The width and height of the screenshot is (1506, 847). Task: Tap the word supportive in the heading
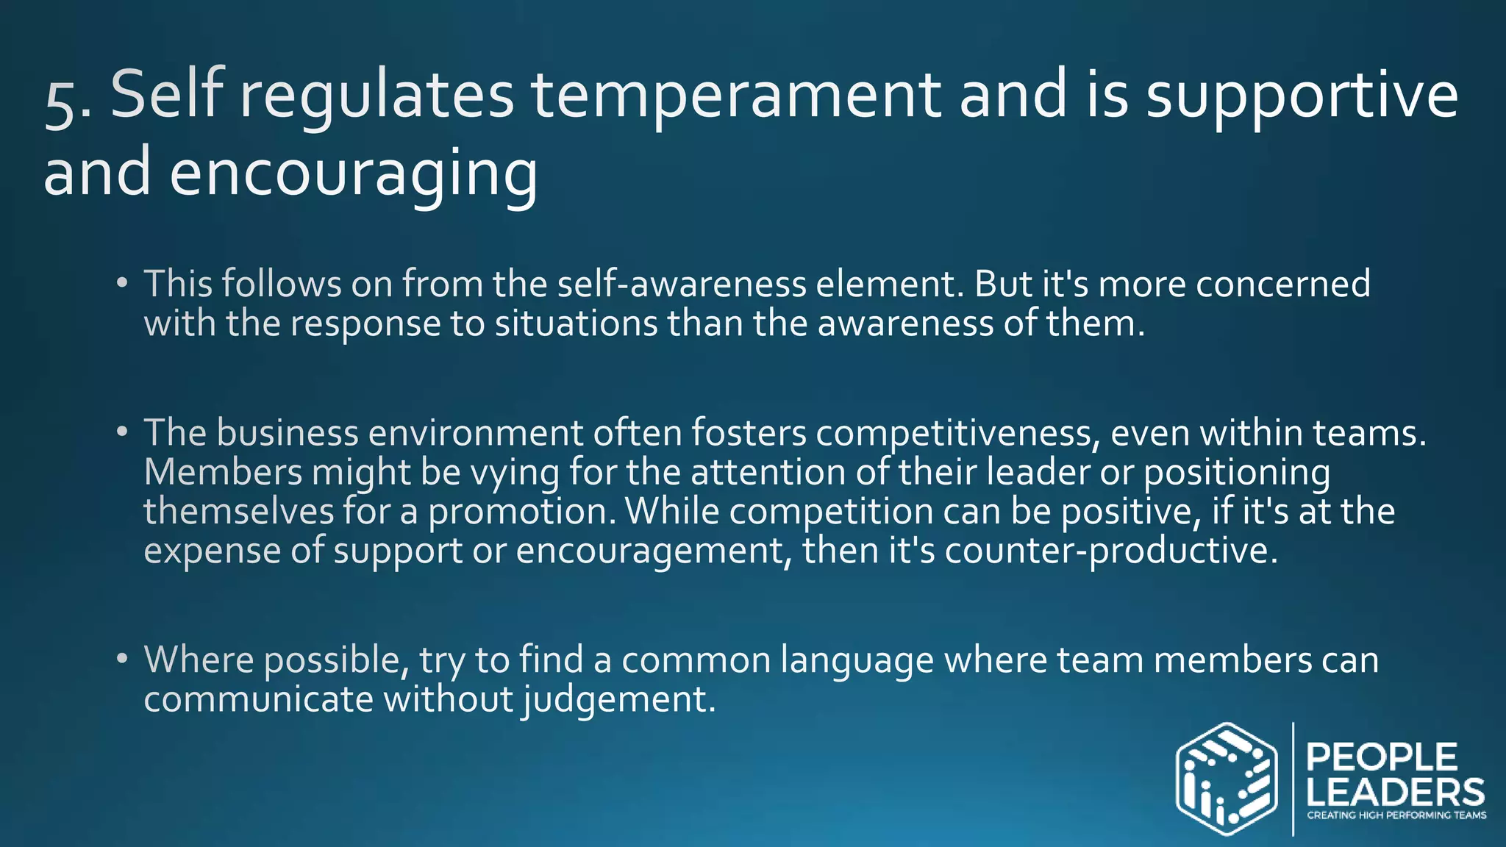tap(1302, 96)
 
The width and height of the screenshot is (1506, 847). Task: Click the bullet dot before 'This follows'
tap(122, 284)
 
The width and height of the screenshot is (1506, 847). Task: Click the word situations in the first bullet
tap(576, 324)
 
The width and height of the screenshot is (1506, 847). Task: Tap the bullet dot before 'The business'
tap(122, 432)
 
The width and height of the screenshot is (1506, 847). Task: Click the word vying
tap(515, 473)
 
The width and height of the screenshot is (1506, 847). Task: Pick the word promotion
tap(521, 512)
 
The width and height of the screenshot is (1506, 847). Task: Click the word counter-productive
tap(1110, 551)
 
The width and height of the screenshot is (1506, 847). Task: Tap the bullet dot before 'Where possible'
tap(122, 659)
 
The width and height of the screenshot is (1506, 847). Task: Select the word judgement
tap(618, 699)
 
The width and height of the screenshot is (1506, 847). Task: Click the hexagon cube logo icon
tap(1226, 779)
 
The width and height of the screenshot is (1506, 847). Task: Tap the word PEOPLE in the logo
tap(1382, 758)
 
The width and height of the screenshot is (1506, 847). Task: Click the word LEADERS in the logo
tap(1395, 793)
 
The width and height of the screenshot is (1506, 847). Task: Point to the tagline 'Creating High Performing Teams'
tap(1396, 815)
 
